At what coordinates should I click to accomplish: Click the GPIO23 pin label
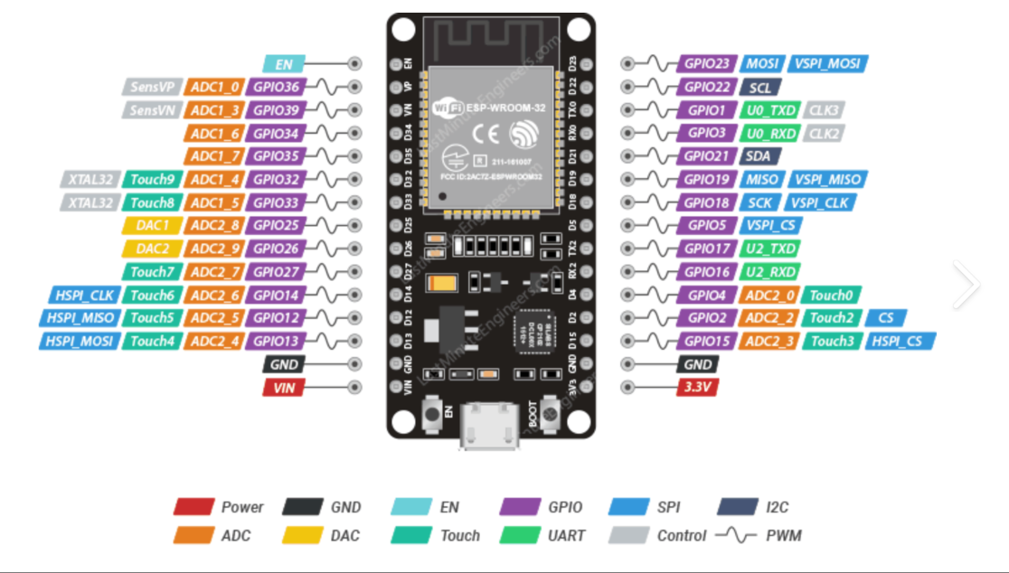click(x=707, y=64)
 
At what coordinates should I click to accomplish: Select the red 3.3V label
click(x=699, y=388)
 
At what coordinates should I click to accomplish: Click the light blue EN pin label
click(x=285, y=64)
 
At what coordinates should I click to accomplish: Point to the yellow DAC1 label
click(x=152, y=225)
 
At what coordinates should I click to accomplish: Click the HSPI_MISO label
click(x=78, y=318)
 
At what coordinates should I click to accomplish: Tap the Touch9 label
click(x=152, y=179)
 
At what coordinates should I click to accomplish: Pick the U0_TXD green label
click(x=769, y=110)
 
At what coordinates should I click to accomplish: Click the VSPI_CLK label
click(x=819, y=202)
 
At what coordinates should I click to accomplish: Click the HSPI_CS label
click(x=901, y=341)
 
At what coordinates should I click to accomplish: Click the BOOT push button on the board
click(x=548, y=418)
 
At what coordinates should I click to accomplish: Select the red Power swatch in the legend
click(x=193, y=507)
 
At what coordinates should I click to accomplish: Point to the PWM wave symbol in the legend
click(x=736, y=535)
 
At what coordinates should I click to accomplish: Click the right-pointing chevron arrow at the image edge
click(x=966, y=285)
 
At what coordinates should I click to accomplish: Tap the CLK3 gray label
click(x=824, y=110)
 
